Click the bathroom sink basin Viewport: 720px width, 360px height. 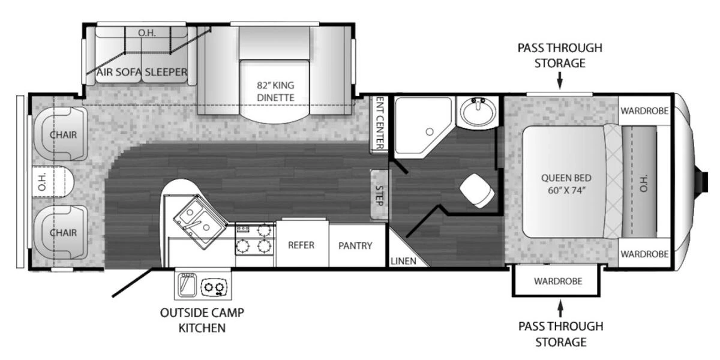click(x=478, y=112)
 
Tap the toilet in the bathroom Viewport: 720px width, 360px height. click(x=478, y=190)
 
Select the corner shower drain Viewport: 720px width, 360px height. click(x=430, y=131)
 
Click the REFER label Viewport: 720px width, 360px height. click(x=301, y=245)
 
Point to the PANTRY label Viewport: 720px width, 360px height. click(x=355, y=245)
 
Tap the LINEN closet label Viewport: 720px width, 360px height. click(x=403, y=261)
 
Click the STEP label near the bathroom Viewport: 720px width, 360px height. click(x=380, y=196)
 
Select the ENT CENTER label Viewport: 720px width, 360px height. click(x=380, y=123)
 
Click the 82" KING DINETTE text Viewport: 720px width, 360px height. click(x=275, y=91)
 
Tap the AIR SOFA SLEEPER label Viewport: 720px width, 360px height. click(x=142, y=72)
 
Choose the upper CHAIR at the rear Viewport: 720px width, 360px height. click(x=63, y=134)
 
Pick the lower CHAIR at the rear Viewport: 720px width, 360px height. click(x=63, y=232)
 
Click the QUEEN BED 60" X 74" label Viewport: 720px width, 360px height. click(x=566, y=184)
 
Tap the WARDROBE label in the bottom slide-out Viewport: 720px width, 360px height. click(x=558, y=281)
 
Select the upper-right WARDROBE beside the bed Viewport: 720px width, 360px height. click(x=644, y=111)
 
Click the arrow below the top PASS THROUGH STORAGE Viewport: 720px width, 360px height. click(x=560, y=80)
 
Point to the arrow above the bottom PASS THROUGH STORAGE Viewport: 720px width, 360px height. click(x=560, y=308)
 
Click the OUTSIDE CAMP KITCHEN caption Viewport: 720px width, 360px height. click(x=202, y=320)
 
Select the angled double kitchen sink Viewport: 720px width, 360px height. click(x=200, y=222)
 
